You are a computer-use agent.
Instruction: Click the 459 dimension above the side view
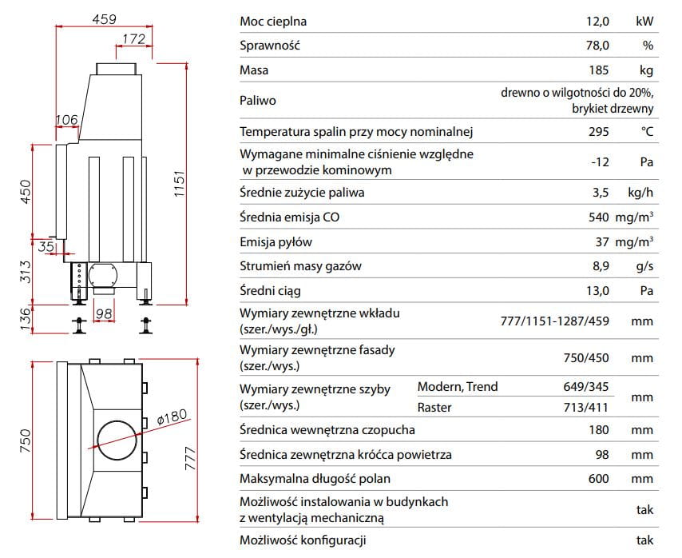coord(105,19)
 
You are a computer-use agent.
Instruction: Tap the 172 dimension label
coord(133,39)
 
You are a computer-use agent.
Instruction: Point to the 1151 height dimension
coord(180,184)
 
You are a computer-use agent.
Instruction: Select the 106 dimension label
coord(66,120)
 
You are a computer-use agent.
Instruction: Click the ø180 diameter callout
coord(172,417)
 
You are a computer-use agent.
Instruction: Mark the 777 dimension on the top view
coord(191,458)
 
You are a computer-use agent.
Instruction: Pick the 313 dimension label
coord(26,272)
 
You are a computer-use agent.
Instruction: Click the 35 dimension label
coord(46,247)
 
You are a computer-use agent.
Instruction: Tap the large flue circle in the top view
coord(117,440)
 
